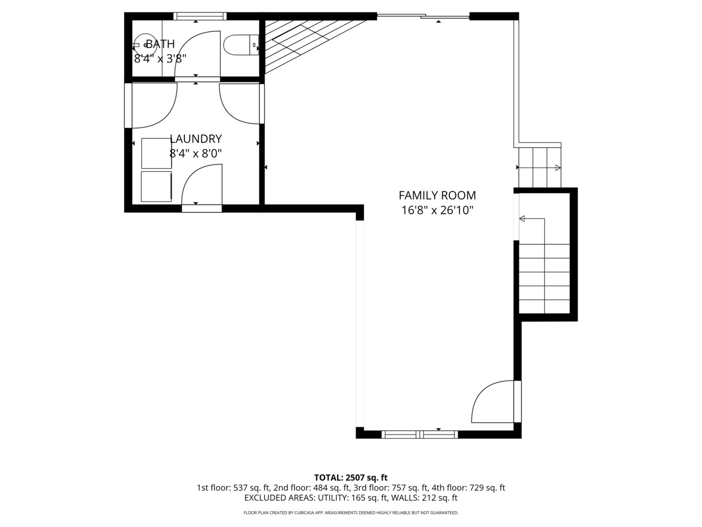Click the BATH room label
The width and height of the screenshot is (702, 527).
tap(160, 44)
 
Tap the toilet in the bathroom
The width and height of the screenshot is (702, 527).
tap(241, 45)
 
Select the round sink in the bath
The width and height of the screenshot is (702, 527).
tap(145, 45)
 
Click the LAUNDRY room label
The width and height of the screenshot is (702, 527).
tap(195, 139)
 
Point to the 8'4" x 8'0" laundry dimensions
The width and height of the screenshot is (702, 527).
tap(195, 154)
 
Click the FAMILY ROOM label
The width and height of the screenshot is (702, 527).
tap(437, 195)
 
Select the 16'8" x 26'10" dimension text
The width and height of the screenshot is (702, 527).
tap(437, 210)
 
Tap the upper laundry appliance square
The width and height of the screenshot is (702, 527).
tap(156, 153)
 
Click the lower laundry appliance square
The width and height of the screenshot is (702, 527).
tap(156, 186)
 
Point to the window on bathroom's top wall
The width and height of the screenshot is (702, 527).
tap(200, 16)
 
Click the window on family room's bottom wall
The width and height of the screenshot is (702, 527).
tap(420, 434)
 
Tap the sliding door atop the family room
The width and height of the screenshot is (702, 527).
tap(423, 16)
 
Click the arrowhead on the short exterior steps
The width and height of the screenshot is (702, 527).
tap(558, 168)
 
